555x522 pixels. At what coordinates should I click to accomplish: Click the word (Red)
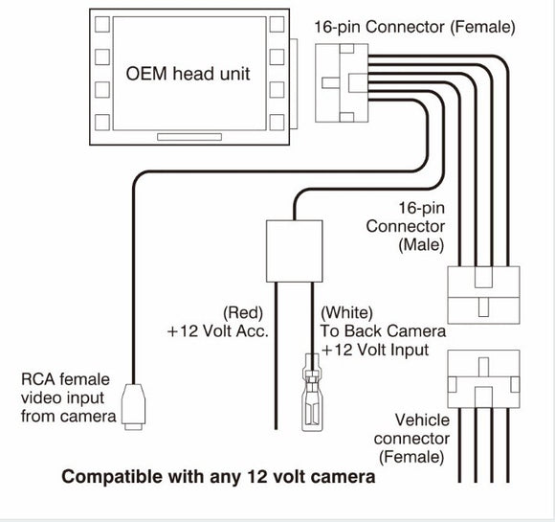[x=245, y=313]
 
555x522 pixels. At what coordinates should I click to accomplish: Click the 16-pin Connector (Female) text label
[x=414, y=27]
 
